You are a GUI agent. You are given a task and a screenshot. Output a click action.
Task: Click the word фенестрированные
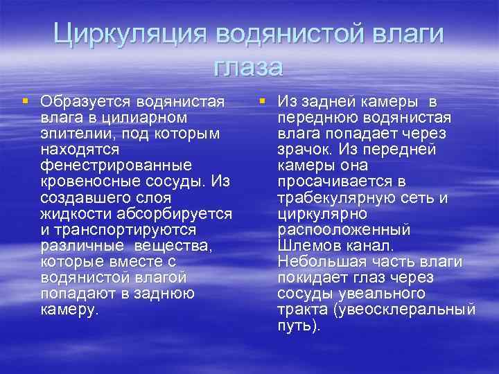(116, 165)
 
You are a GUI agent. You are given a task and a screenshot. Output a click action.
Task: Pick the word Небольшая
(317, 260)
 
